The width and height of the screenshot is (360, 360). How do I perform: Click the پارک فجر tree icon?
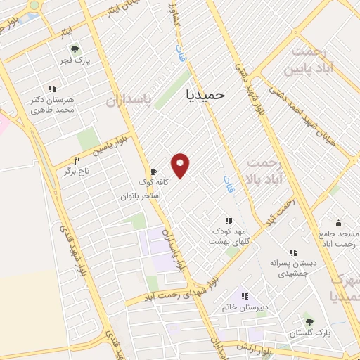75,49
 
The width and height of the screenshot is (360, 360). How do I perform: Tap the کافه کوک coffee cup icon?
153,172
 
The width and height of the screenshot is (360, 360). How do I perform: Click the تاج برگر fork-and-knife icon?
77,160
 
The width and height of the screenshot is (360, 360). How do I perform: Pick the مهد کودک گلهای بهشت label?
228,236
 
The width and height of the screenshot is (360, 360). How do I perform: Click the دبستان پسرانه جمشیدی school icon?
293,252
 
